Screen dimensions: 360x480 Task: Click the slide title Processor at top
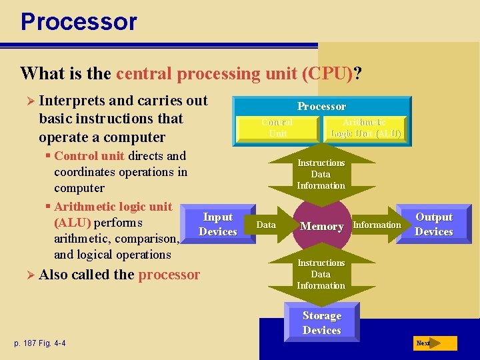(x=79, y=21)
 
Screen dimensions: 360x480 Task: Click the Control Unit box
(x=277, y=128)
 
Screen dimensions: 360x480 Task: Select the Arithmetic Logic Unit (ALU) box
(x=365, y=128)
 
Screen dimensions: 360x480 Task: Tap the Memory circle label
(x=321, y=227)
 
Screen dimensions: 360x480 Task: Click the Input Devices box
(x=218, y=225)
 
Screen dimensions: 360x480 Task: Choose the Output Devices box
(x=434, y=225)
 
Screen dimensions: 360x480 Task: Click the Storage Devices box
(x=321, y=323)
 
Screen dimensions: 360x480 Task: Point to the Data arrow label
(x=266, y=225)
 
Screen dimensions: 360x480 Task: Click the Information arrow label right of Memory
(x=377, y=225)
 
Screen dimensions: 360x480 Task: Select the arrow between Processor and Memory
(x=321, y=174)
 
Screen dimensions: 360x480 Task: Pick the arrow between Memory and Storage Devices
(x=321, y=274)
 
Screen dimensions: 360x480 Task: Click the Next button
(x=434, y=343)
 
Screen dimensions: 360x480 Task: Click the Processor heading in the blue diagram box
(x=321, y=107)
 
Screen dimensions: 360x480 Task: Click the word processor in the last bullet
(x=169, y=275)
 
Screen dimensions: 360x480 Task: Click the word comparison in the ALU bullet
(x=145, y=239)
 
